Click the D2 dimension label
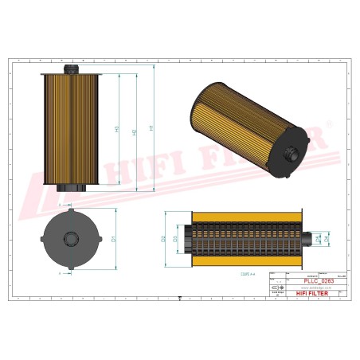pos(164,238)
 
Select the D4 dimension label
pos(327,238)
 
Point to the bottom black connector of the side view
pos(70,188)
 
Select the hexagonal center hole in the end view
pos(70,237)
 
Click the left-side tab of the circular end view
pos(41,237)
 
